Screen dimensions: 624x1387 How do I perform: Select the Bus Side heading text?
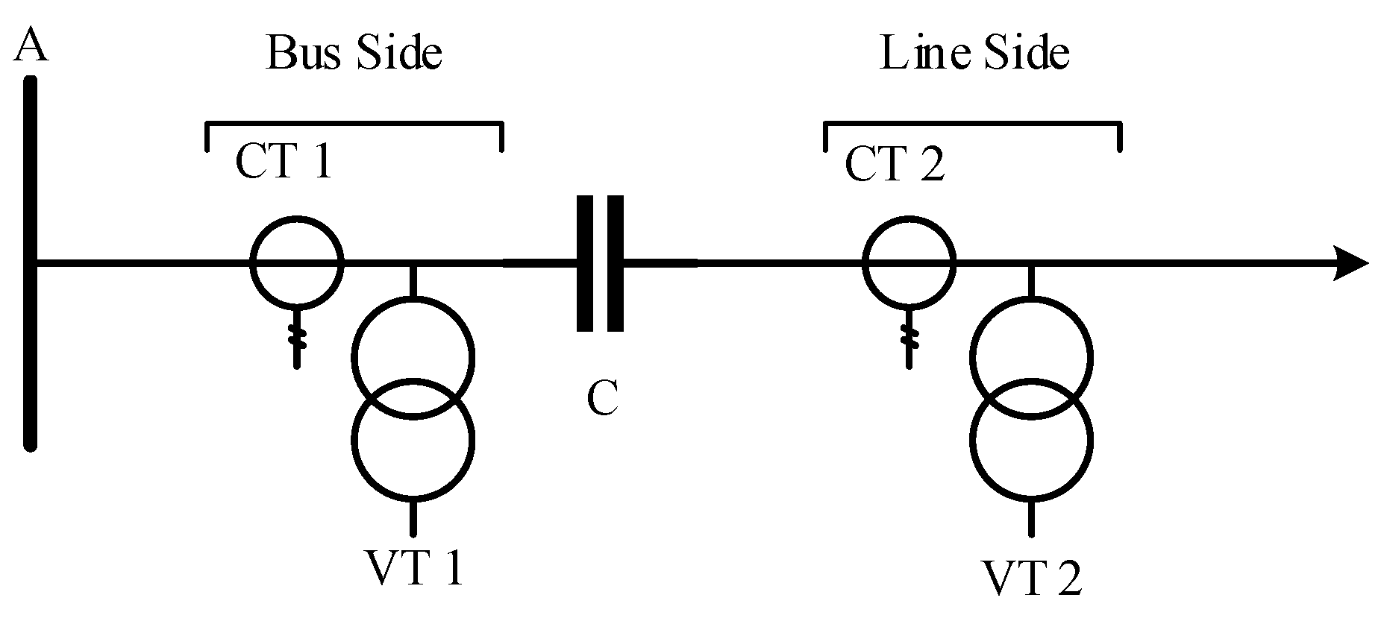[x=354, y=54]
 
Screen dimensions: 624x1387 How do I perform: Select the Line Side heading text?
[x=974, y=54]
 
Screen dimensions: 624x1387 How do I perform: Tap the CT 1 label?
[x=283, y=161]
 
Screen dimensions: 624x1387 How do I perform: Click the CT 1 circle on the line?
[x=297, y=262]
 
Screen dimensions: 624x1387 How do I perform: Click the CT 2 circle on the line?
[x=909, y=262]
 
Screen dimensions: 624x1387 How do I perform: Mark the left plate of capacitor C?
[x=586, y=262]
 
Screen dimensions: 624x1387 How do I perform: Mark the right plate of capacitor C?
[x=615, y=262]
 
